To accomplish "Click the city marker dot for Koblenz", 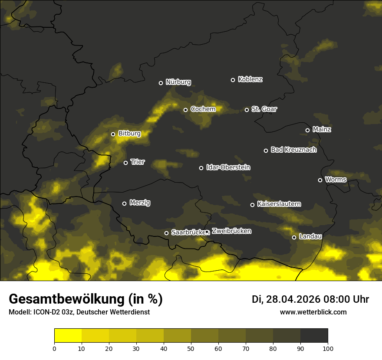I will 233,80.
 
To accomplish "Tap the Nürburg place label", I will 178,82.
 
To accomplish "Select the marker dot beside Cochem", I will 185,110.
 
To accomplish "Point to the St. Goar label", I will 264,109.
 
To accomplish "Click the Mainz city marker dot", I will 307,130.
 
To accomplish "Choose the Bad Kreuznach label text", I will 293,150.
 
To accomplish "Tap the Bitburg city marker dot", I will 113,134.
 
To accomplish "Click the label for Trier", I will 138,162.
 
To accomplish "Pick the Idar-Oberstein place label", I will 228,167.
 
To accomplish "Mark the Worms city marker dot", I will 320,180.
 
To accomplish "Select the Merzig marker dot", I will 124,203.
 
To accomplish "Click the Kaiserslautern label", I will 279,204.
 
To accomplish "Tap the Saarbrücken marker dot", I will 166,233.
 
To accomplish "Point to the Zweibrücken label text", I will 231,231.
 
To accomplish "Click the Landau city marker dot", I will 294,237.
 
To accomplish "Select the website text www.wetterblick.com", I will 313,312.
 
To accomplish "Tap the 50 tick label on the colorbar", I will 191,348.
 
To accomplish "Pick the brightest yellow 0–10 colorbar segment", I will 68,336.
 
